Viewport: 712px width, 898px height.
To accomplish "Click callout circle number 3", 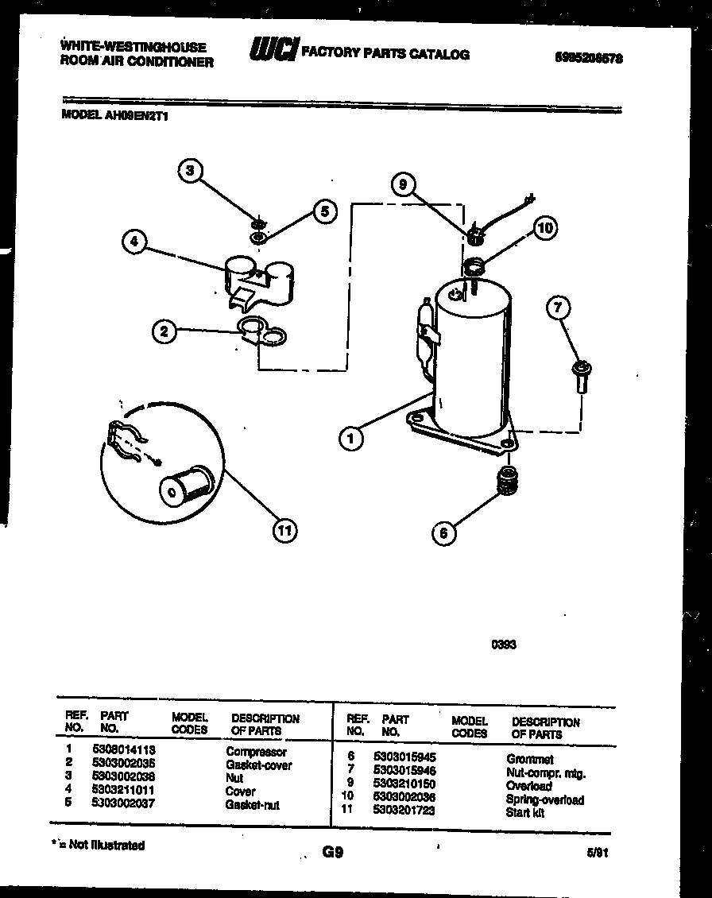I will click(x=189, y=171).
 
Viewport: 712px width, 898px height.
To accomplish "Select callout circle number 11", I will click(x=284, y=529).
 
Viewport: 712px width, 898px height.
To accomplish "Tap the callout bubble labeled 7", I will click(x=559, y=308).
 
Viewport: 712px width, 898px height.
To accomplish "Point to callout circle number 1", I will click(x=350, y=436).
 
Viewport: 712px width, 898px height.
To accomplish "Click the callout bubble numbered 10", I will click(x=544, y=229).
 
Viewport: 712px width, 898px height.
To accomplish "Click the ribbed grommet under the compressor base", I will click(x=505, y=481).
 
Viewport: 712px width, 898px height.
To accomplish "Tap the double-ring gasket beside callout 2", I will click(x=261, y=331).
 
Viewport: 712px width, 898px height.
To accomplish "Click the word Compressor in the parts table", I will click(x=256, y=751).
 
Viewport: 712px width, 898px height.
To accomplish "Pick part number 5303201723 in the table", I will click(x=404, y=811).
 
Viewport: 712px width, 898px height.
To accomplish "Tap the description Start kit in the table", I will click(x=525, y=812).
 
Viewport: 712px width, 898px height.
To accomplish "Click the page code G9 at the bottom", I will click(x=332, y=852).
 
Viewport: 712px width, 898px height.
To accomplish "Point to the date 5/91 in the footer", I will click(x=598, y=852).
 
